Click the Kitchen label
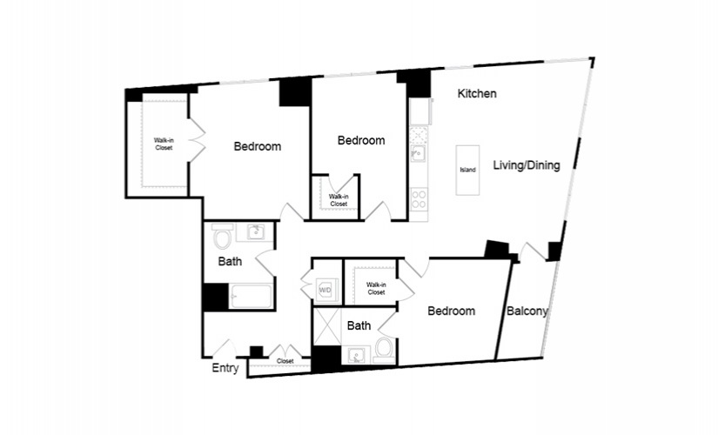[477, 93]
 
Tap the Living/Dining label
[527, 164]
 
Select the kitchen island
[467, 170]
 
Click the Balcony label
[527, 311]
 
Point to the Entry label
[225, 368]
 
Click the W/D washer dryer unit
[325, 289]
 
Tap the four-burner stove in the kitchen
[419, 199]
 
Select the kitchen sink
[419, 153]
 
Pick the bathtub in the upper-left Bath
[251, 297]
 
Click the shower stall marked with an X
[327, 326]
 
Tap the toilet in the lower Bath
[385, 350]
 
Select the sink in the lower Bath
[358, 355]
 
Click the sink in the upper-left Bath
[256, 232]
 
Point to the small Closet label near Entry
[285, 361]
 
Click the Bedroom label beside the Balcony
[451, 311]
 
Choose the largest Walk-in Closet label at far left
[164, 144]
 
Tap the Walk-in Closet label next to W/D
[376, 289]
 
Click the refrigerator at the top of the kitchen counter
[419, 111]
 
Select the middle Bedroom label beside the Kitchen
[361, 140]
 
